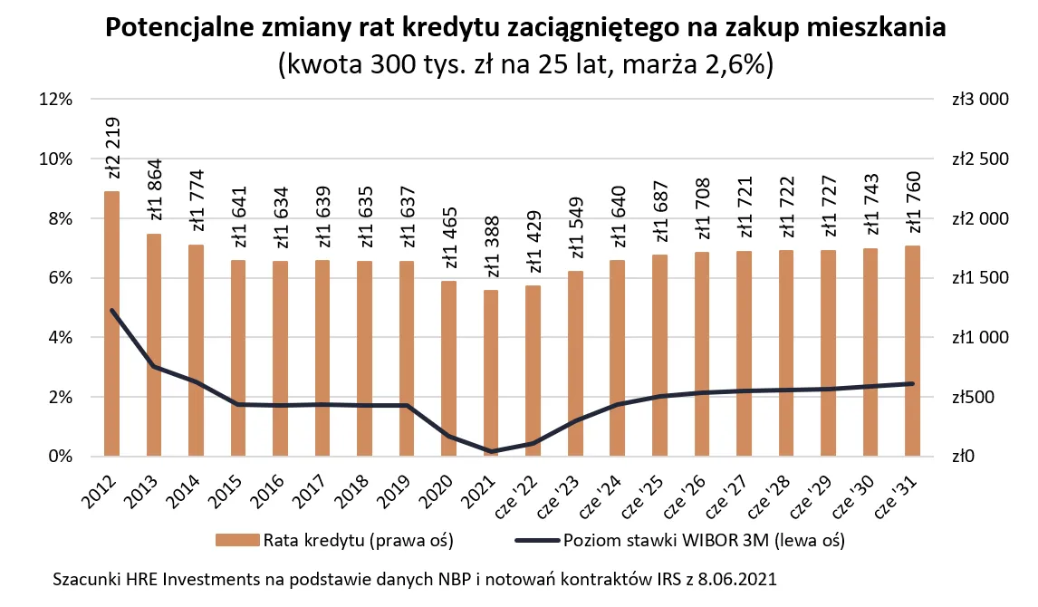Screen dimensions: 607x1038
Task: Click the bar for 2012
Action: pos(112,323)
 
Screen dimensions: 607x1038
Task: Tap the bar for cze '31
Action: pos(912,351)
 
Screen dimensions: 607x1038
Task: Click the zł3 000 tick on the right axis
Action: pos(980,100)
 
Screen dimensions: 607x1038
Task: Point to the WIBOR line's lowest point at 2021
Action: pos(491,451)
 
